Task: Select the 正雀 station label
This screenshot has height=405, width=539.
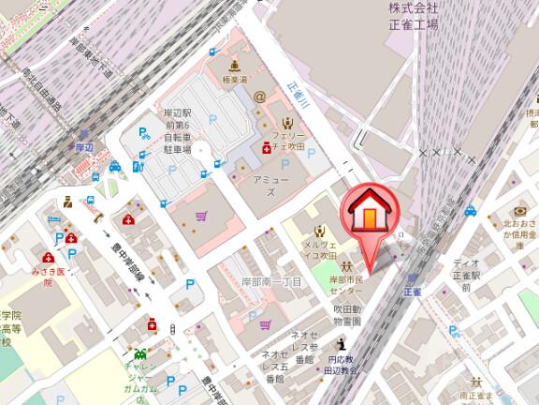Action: (413, 292)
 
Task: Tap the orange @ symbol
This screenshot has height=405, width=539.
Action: (259, 96)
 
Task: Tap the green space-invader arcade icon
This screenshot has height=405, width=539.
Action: (142, 354)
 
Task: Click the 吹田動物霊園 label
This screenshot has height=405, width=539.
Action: (346, 313)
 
